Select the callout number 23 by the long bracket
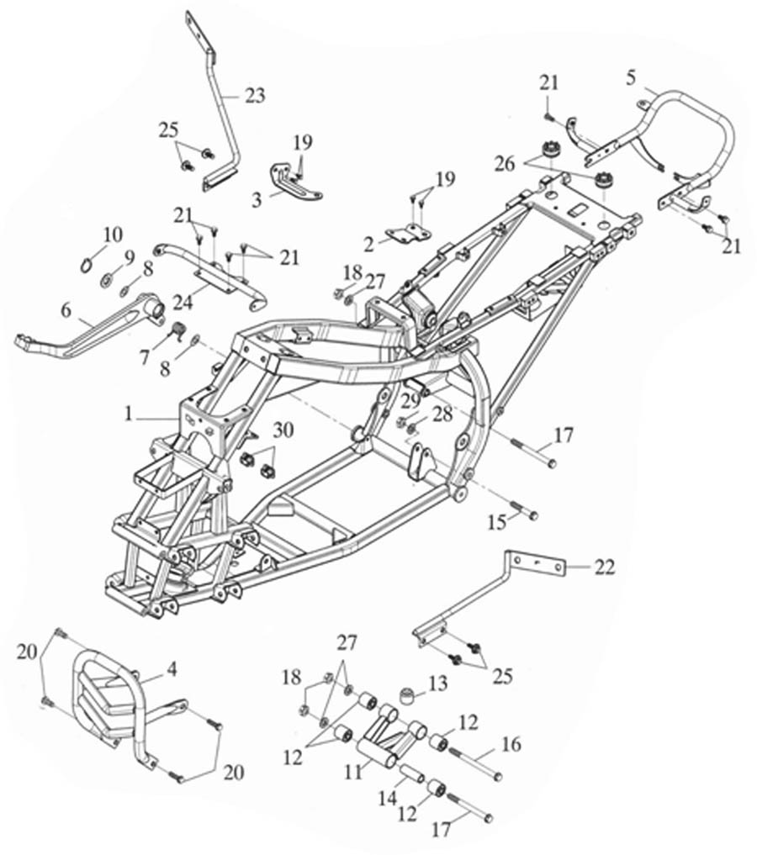254,95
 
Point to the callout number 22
605,568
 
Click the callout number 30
283,430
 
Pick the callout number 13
437,684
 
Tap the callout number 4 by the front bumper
172,670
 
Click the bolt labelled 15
523,513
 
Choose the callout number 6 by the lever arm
66,309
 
